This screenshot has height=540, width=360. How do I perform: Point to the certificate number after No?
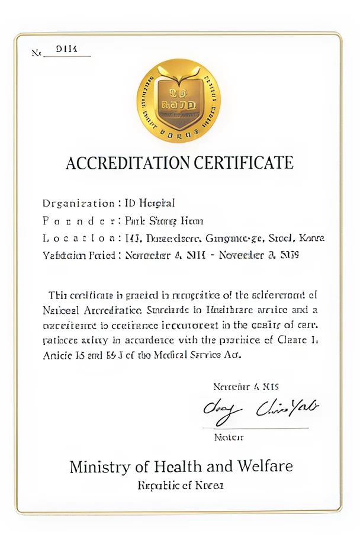(x=63, y=51)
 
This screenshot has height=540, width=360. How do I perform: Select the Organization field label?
(x=78, y=204)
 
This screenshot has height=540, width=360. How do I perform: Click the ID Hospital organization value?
(x=150, y=204)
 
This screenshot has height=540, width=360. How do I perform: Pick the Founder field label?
(x=78, y=221)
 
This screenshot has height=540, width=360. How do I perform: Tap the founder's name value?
(x=164, y=221)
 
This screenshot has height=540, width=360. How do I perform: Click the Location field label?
(x=78, y=239)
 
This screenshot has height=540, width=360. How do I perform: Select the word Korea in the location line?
(x=311, y=239)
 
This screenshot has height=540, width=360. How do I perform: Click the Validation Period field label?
(x=81, y=256)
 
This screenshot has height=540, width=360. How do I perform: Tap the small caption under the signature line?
(x=229, y=438)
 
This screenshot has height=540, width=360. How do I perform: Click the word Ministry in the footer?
(x=98, y=467)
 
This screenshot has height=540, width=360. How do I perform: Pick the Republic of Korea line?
(x=181, y=486)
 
